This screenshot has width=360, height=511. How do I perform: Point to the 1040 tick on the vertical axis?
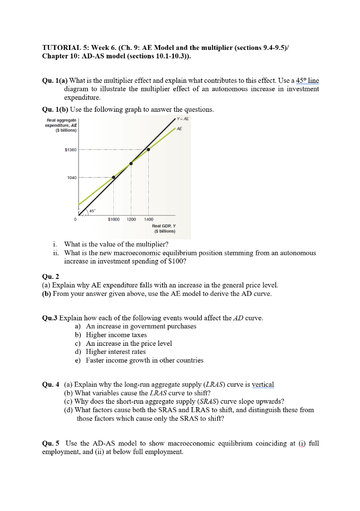pyautogui.click(x=71, y=178)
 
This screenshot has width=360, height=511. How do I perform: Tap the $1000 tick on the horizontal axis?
pyautogui.click(x=114, y=219)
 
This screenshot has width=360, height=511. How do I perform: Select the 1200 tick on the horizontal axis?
pyautogui.click(x=131, y=219)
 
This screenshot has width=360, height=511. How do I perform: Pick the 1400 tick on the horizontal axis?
pyautogui.click(x=149, y=219)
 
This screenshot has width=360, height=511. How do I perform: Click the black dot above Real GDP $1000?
pyautogui.click(x=114, y=177)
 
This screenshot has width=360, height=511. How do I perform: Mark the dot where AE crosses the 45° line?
pyautogui.click(x=131, y=163)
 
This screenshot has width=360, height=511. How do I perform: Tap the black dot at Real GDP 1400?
pyautogui.click(x=148, y=149)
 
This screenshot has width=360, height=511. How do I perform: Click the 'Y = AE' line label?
pyautogui.click(x=183, y=119)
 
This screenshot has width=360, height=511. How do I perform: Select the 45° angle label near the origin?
pyautogui.click(x=92, y=211)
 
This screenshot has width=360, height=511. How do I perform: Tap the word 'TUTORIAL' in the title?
pyautogui.click(x=62, y=48)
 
